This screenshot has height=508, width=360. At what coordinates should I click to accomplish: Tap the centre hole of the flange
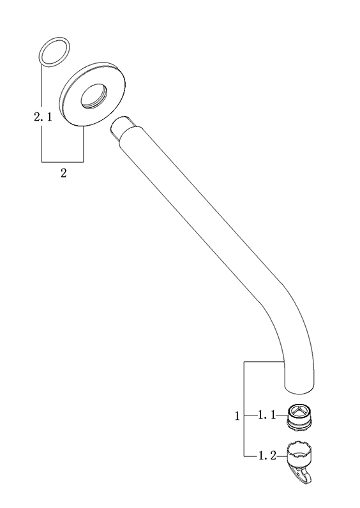[94, 96]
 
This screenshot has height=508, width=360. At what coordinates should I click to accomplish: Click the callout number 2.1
[43, 117]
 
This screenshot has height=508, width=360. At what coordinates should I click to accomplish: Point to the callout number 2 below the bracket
[63, 173]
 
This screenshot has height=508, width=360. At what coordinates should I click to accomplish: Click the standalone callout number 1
[237, 416]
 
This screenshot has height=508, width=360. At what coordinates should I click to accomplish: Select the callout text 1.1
[266, 415]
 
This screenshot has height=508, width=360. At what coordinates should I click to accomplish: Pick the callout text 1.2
[267, 456]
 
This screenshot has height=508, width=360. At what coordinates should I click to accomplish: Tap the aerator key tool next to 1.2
[300, 461]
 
